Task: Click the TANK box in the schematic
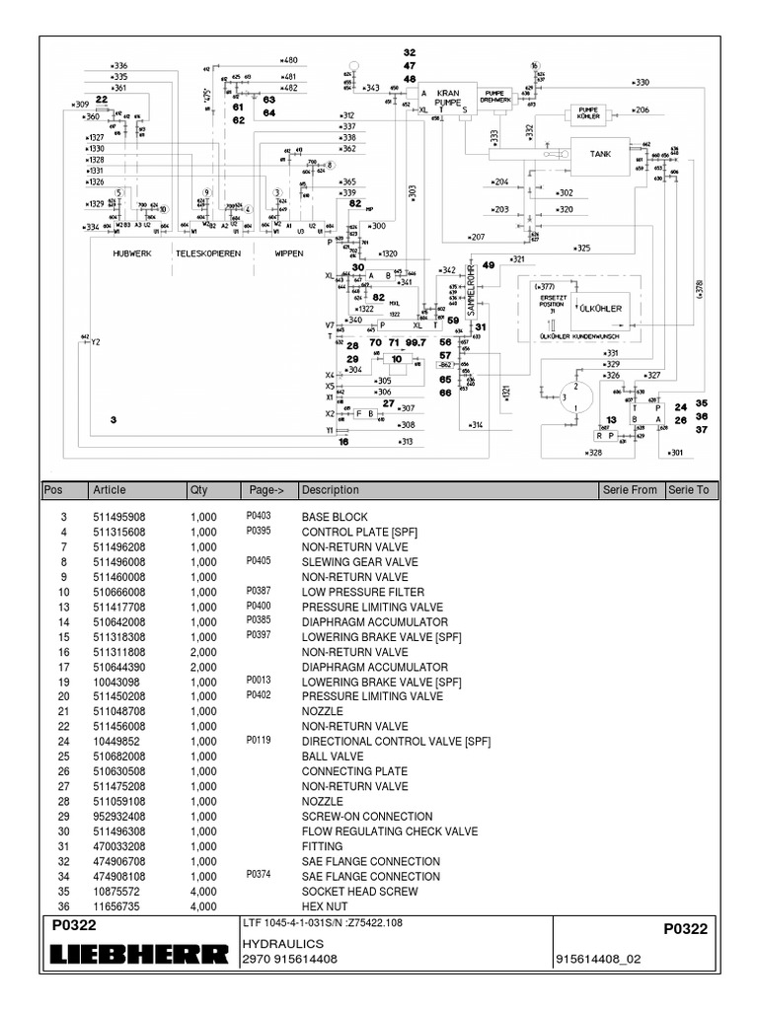(x=600, y=155)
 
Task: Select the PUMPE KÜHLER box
(x=588, y=112)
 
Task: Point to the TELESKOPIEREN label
(x=209, y=252)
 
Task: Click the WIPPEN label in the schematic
(x=288, y=252)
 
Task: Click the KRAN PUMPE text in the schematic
(x=447, y=97)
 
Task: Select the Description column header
(x=331, y=490)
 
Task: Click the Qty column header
(x=198, y=490)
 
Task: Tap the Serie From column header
(x=629, y=490)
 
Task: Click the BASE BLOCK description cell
(x=334, y=517)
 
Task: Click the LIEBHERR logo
(x=135, y=956)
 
